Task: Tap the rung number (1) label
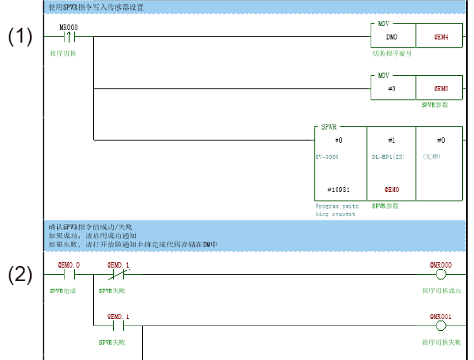[21, 38]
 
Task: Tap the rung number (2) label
[21, 276]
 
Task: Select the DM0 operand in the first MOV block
[392, 37]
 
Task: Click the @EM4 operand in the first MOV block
[441, 37]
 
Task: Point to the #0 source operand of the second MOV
[392, 88]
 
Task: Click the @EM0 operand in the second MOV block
[441, 88]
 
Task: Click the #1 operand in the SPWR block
[390, 140]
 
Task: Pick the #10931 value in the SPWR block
[338, 190]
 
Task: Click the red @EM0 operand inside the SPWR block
[390, 190]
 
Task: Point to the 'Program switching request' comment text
[337, 209]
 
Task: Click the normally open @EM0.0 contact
[69, 276]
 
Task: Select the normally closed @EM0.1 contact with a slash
[117, 276]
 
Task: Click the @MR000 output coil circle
[441, 276]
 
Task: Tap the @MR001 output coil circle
[441, 325]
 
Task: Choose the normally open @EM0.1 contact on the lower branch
[117, 325]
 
